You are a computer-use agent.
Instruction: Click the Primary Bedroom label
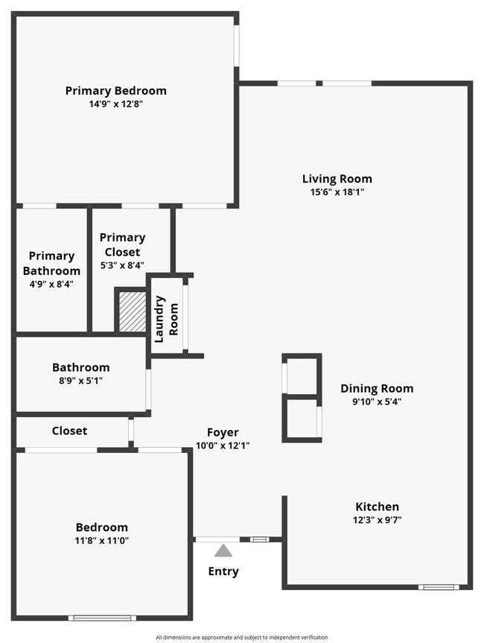[x=115, y=91]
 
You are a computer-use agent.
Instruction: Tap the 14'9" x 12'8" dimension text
[x=115, y=104]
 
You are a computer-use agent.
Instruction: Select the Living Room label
[x=337, y=179]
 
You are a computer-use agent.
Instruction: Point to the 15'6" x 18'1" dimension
[x=337, y=191]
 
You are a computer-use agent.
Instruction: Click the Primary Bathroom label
[x=51, y=263]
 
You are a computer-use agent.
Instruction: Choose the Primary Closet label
[x=122, y=244]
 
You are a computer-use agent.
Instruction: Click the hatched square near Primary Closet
[x=131, y=311]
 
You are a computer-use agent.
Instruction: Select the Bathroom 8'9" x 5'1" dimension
[x=80, y=381]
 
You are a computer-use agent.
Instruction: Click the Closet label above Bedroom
[x=69, y=431]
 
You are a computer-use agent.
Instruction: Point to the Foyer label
[x=223, y=432]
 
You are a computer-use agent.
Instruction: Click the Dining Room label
[x=377, y=388]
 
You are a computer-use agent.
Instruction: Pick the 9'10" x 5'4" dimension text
[x=377, y=402]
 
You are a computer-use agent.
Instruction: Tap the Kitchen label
[x=377, y=507]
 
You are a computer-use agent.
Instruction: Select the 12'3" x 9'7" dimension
[x=377, y=519]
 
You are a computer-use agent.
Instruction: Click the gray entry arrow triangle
[x=223, y=551]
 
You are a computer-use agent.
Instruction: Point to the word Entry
[x=223, y=571]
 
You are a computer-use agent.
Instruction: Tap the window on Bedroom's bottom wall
[x=102, y=617]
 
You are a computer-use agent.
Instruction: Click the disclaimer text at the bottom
[x=241, y=637]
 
